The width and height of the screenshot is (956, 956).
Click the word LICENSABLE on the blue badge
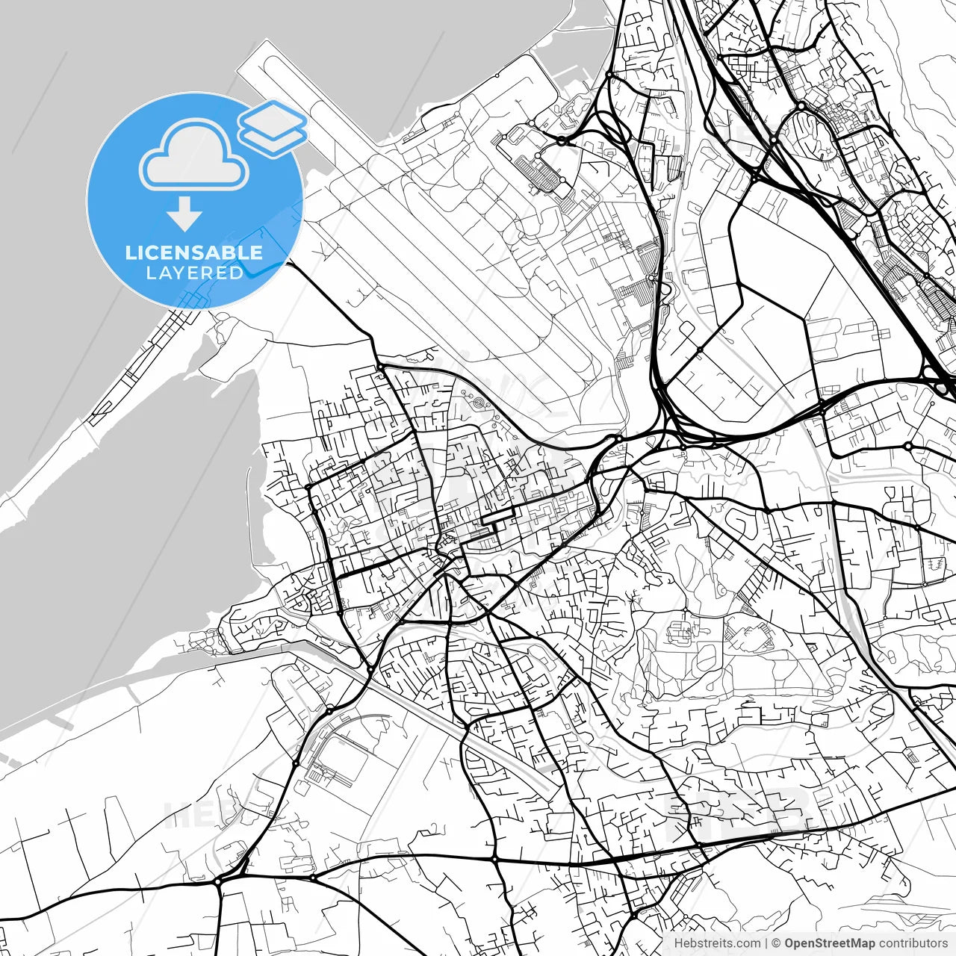[194, 252]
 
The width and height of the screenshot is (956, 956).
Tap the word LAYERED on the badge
[194, 273]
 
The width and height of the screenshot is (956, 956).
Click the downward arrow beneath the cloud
[184, 214]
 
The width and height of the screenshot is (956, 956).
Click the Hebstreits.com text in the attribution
[717, 943]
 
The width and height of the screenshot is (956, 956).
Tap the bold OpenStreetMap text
[829, 943]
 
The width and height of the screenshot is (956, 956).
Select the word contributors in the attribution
[912, 943]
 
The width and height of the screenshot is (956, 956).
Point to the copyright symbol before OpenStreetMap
[776, 943]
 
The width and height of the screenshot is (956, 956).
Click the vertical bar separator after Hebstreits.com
[766, 943]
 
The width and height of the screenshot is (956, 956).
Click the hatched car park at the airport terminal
[545, 172]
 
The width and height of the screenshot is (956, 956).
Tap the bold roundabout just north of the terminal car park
[562, 140]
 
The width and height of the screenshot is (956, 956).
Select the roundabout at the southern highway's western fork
[217, 882]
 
